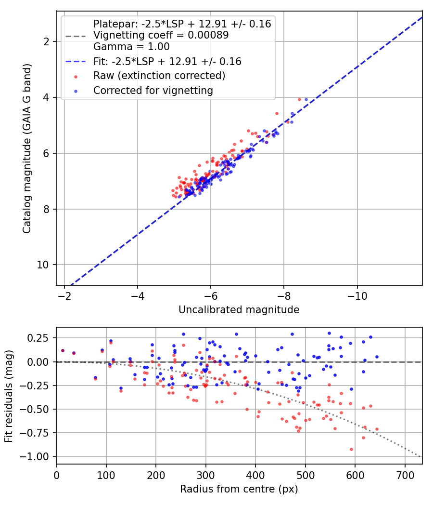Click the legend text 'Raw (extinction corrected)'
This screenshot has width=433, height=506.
tap(159, 76)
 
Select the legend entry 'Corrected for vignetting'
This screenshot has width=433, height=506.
tap(153, 91)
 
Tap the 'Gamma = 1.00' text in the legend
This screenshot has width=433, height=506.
tap(131, 47)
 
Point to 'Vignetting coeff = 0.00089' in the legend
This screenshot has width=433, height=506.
tap(161, 35)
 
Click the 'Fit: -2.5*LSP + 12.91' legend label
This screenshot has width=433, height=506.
tap(167, 61)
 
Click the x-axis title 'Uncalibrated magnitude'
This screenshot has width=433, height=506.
tap(239, 310)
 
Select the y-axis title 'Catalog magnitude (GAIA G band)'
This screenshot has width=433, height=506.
tap(27, 148)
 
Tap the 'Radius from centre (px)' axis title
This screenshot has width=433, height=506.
tap(239, 489)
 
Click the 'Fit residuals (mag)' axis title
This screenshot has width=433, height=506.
tap(9, 396)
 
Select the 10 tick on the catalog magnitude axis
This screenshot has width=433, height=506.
tap(43, 265)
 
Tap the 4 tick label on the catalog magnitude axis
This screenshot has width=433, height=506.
tap(46, 97)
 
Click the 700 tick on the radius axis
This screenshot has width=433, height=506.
tap(405, 475)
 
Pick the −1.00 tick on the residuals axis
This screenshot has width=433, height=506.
tap(34, 457)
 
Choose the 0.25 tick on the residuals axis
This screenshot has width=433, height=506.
tap(38, 338)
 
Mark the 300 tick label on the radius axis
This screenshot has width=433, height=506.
tap(205, 475)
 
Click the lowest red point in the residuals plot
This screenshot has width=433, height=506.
tap(352, 449)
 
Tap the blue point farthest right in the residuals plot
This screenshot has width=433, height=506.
tap(377, 357)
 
